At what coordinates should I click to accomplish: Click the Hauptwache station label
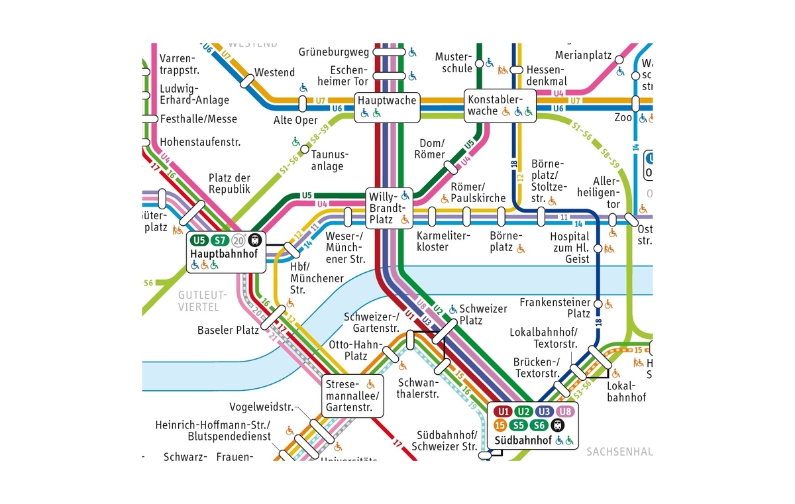coord(388,100)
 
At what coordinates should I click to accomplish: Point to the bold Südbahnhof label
coord(523,440)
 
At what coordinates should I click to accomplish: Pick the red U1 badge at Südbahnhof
coord(503,411)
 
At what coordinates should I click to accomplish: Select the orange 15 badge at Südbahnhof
coord(501,425)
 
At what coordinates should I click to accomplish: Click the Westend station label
coord(274,72)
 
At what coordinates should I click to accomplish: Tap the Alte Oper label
coord(295,121)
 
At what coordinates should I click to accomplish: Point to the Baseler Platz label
coord(228,330)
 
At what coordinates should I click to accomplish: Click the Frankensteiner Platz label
coord(555,308)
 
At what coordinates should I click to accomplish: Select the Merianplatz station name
coord(583,56)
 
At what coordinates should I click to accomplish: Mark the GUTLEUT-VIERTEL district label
coord(203,301)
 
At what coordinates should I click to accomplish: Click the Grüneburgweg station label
coord(333,52)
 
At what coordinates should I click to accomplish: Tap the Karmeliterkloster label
coord(443,242)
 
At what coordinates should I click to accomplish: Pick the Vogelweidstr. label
coord(261,407)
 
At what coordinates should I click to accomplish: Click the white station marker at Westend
coord(247,81)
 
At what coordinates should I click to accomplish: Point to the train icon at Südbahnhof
coord(556,425)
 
